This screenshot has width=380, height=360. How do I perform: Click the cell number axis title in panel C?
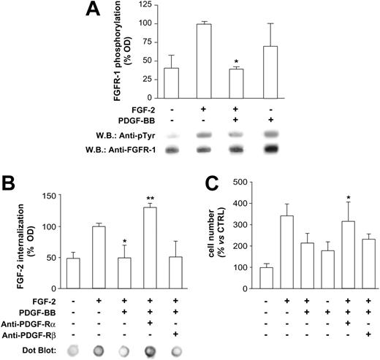[217, 237]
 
